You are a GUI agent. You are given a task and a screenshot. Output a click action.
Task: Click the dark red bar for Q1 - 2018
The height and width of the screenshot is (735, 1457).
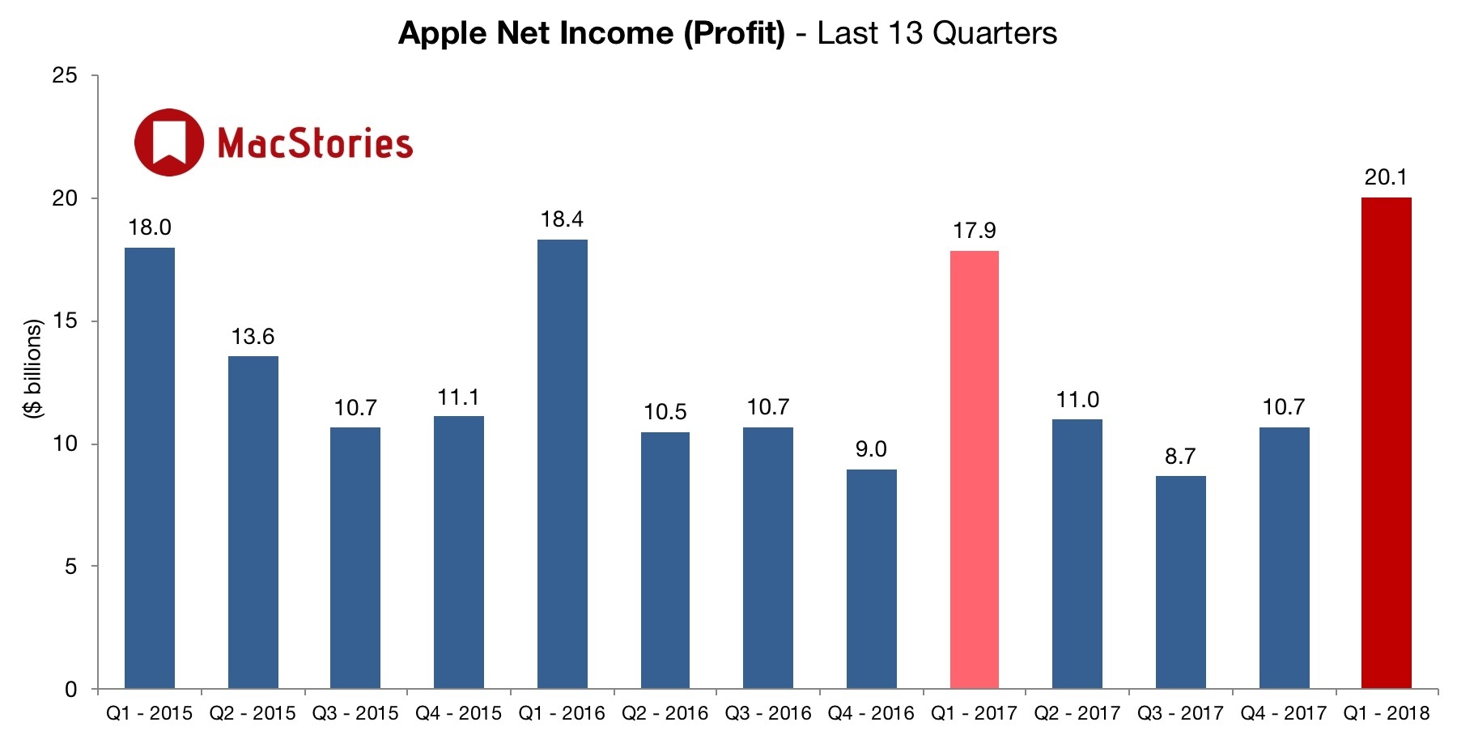click(x=1386, y=443)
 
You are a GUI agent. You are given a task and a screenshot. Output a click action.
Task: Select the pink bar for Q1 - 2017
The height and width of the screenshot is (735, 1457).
click(x=974, y=469)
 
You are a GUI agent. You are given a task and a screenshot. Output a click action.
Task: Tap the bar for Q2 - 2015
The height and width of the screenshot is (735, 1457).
click(x=253, y=522)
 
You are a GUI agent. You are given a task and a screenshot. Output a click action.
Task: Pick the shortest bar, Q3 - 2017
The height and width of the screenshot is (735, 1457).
click(x=1180, y=582)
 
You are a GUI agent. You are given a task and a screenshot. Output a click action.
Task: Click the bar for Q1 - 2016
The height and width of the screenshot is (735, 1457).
click(x=562, y=464)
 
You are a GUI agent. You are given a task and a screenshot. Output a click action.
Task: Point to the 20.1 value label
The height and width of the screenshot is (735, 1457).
click(x=1386, y=177)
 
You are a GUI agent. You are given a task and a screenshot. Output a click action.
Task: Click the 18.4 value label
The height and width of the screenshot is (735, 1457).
click(x=562, y=219)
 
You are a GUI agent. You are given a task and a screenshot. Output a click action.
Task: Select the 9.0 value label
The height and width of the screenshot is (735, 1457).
click(x=871, y=449)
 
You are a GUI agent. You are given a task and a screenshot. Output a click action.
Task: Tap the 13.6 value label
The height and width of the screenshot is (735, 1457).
click(x=253, y=337)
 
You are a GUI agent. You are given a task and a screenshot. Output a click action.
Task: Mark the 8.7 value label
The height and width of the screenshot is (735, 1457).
click(x=1180, y=457)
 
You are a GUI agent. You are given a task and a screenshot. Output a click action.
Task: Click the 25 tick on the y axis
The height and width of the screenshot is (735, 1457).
click(x=65, y=76)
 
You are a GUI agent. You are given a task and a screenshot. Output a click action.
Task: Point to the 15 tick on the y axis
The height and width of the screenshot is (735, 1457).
click(x=65, y=321)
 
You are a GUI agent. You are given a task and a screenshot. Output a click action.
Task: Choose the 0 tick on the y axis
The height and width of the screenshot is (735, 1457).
click(x=71, y=690)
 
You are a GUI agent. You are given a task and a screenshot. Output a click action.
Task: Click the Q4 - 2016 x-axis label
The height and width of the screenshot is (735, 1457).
click(x=871, y=713)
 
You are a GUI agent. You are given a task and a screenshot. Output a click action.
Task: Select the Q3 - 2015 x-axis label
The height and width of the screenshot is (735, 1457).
click(x=355, y=713)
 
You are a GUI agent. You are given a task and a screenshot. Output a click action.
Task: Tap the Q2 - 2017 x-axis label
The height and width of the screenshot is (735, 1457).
click(x=1077, y=713)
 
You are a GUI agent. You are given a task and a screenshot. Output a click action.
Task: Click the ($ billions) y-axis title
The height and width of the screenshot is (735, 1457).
click(x=33, y=368)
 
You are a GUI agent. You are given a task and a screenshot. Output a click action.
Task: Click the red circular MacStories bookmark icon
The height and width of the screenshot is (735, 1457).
click(x=169, y=142)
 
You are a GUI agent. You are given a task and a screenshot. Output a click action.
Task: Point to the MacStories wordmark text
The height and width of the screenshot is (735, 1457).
click(x=315, y=143)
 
